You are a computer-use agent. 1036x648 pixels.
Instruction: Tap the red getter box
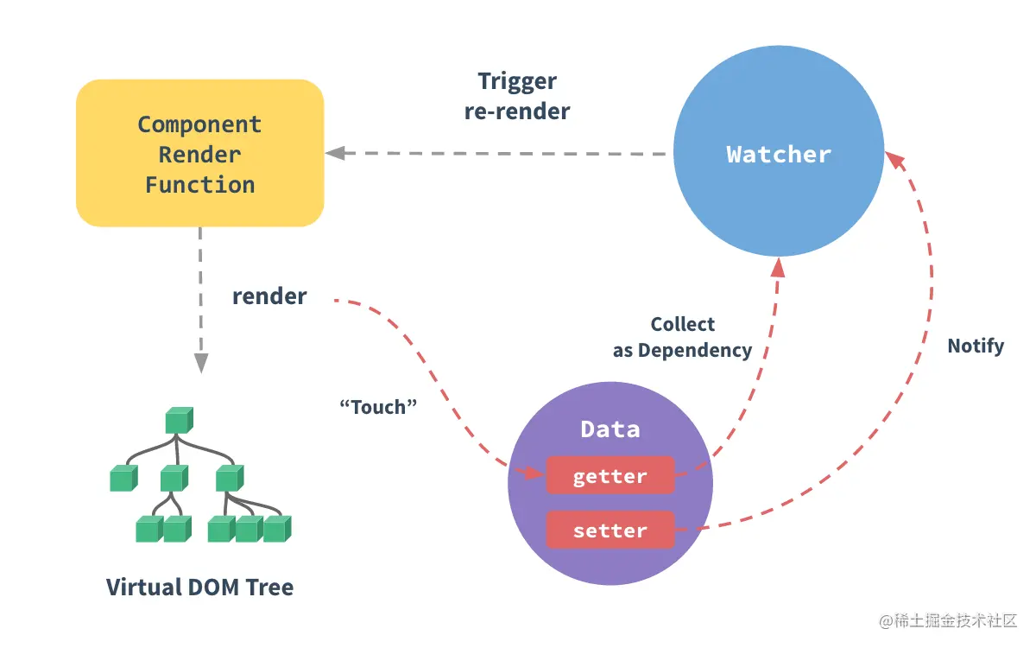[x=610, y=476]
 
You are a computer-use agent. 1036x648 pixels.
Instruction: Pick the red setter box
[x=610, y=530]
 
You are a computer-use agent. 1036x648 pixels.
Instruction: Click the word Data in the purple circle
[x=610, y=429]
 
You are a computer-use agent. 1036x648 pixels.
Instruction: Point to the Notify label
[x=976, y=346]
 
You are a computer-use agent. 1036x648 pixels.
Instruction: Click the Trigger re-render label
[x=517, y=97]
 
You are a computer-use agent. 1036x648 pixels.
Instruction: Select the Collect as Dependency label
[x=682, y=338]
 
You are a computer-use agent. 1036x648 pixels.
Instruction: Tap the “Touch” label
[x=379, y=407]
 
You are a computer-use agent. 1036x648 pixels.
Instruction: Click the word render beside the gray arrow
[x=269, y=296]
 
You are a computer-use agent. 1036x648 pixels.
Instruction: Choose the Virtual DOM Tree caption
[x=199, y=588]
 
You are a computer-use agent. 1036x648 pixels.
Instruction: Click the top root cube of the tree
[x=179, y=421]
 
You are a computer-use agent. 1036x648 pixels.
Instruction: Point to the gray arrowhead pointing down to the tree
[x=200, y=363]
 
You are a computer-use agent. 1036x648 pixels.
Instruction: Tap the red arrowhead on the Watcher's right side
[x=894, y=161]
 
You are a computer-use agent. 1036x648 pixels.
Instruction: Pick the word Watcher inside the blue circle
[x=778, y=155]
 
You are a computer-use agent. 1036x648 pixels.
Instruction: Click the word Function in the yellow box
[x=199, y=185]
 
